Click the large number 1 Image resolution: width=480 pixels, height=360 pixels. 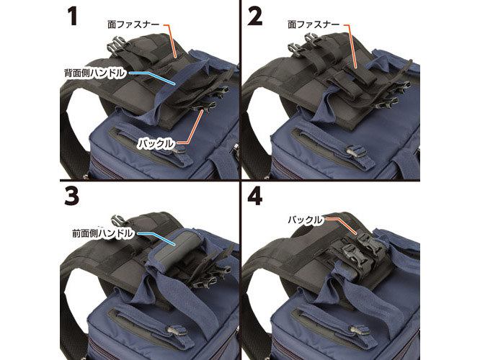(x=73, y=16)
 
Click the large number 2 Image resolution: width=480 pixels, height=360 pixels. (x=254, y=16)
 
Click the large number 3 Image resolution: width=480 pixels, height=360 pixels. (x=71, y=196)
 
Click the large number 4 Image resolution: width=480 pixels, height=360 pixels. (x=255, y=196)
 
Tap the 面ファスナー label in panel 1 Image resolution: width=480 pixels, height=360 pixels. (x=133, y=24)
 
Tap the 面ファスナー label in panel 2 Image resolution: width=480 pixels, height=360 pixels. (x=314, y=24)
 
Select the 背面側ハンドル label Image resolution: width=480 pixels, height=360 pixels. (x=95, y=73)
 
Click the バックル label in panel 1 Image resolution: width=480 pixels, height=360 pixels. (x=156, y=143)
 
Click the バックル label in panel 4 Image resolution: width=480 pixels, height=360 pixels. (x=305, y=220)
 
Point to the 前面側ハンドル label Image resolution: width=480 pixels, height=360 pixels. (x=103, y=233)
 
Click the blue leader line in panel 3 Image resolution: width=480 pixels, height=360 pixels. (x=156, y=238)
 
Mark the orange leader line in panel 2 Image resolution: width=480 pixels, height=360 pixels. (x=351, y=46)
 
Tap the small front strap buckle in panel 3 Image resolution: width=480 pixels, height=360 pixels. (x=177, y=331)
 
